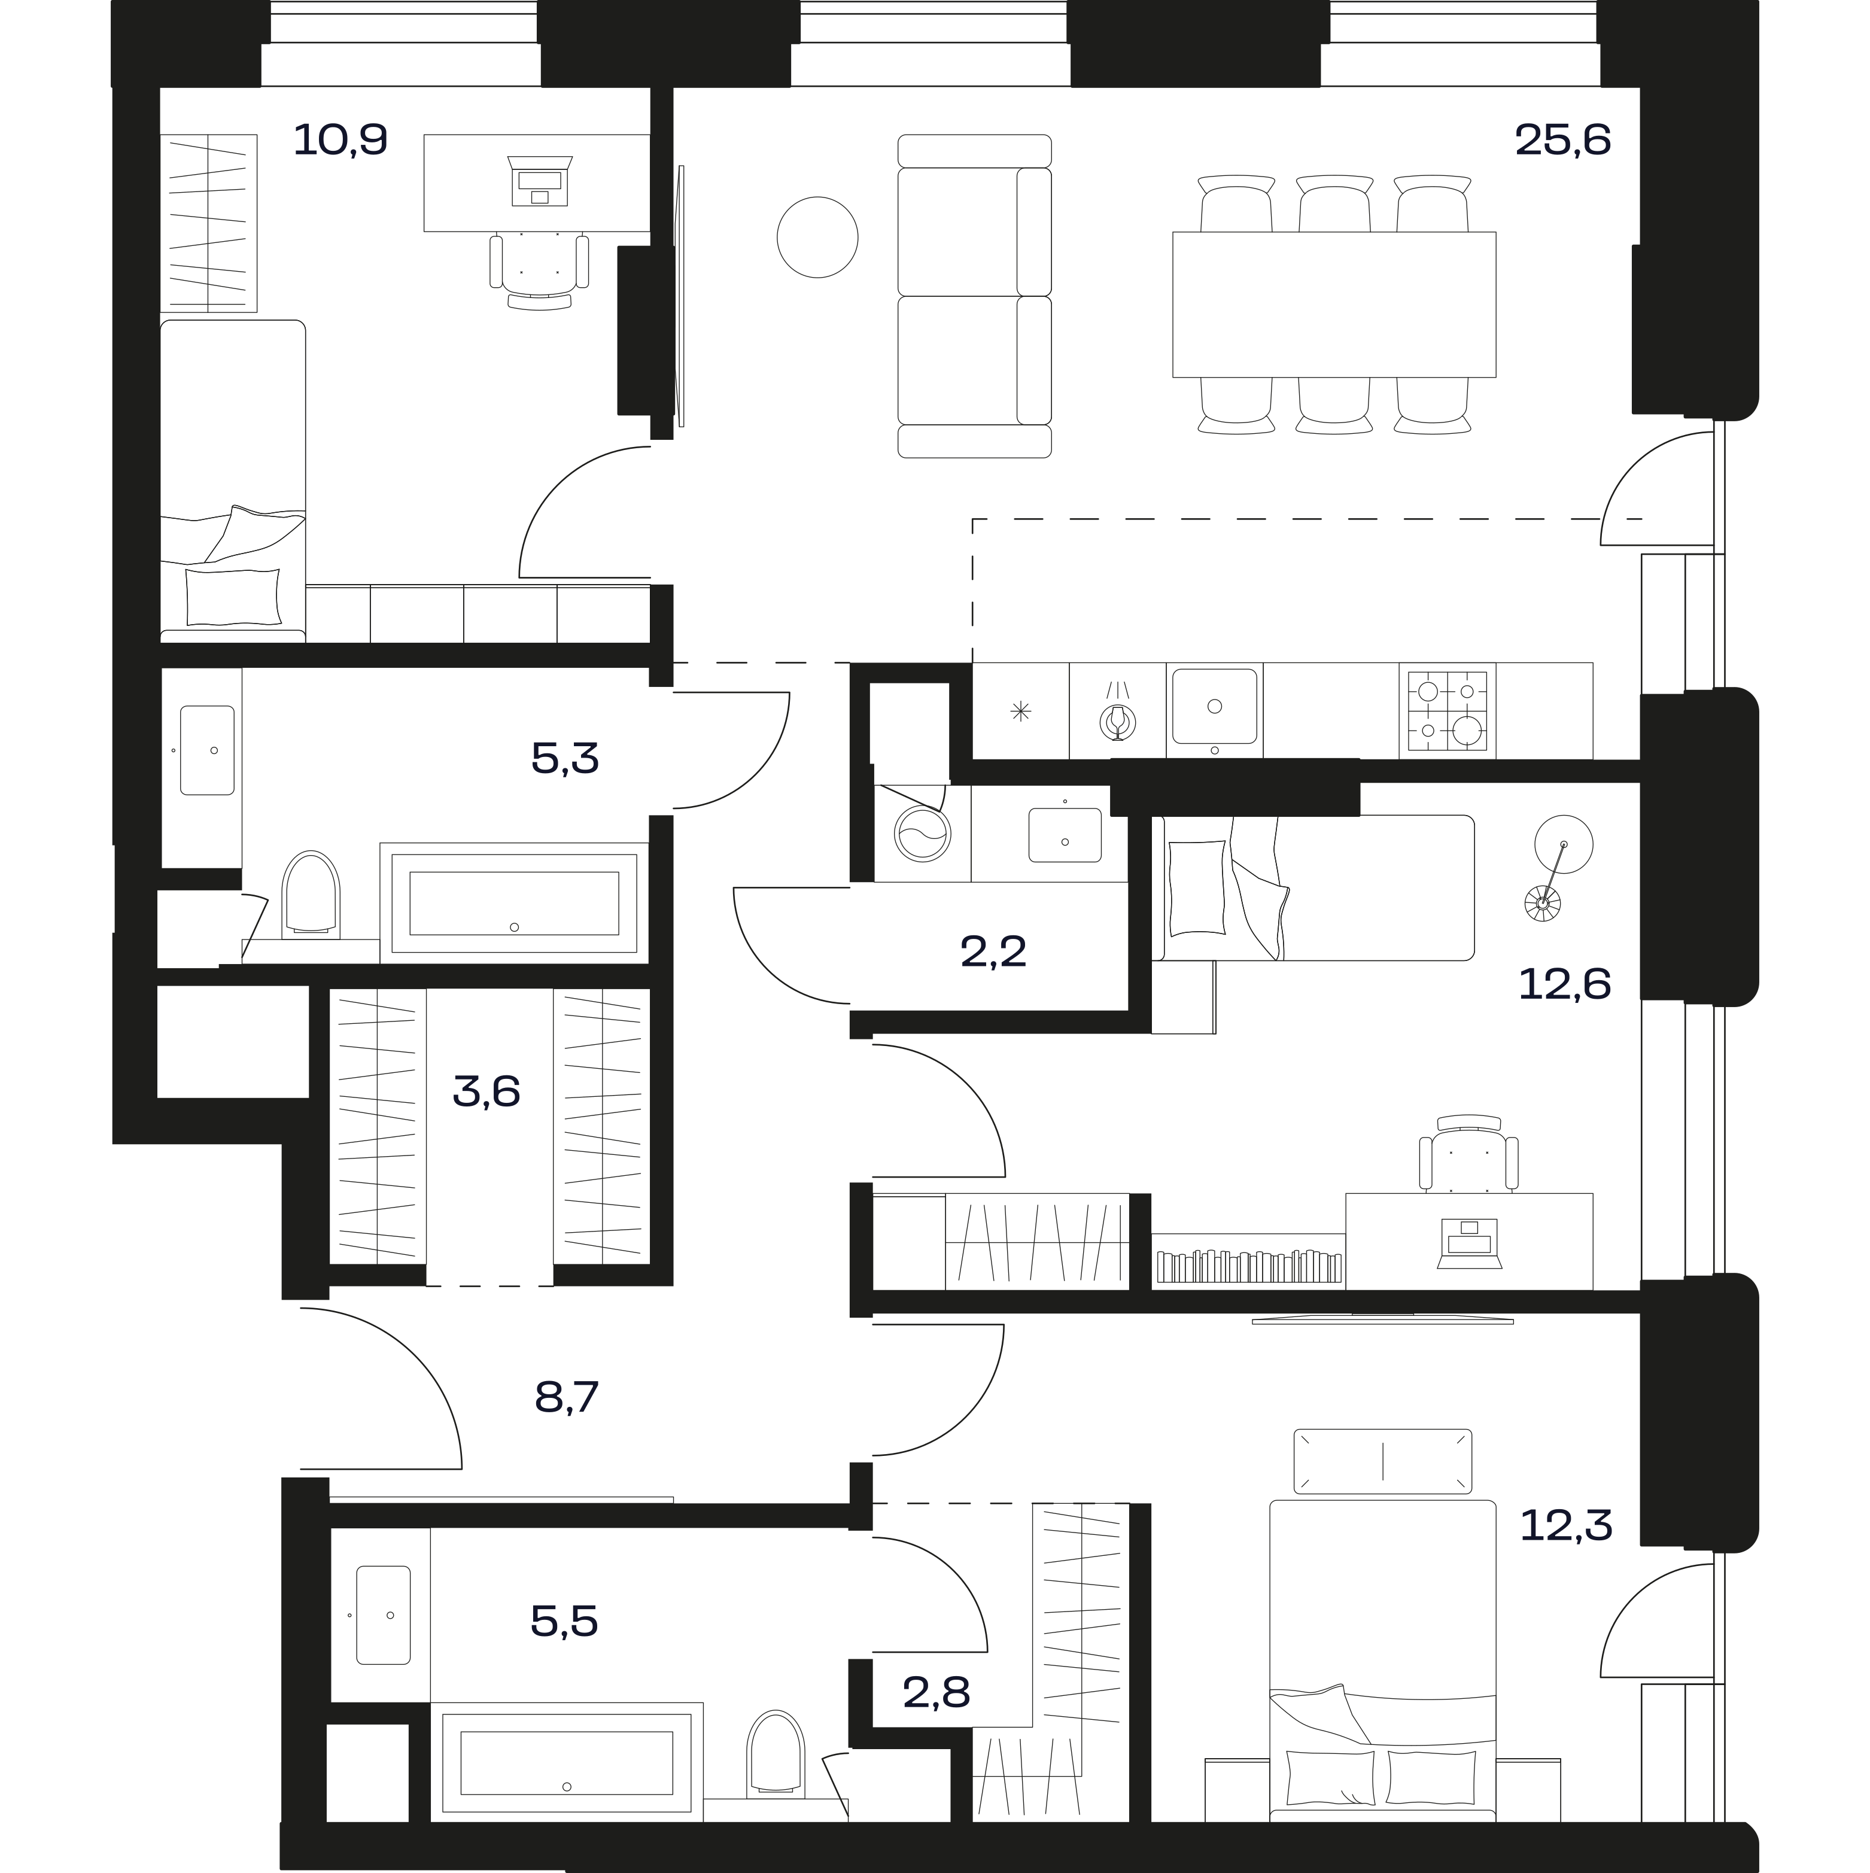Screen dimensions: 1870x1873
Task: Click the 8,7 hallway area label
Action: point(567,1398)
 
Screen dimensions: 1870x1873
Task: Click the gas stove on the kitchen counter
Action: point(1446,711)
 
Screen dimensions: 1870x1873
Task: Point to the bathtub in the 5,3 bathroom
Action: point(514,902)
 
